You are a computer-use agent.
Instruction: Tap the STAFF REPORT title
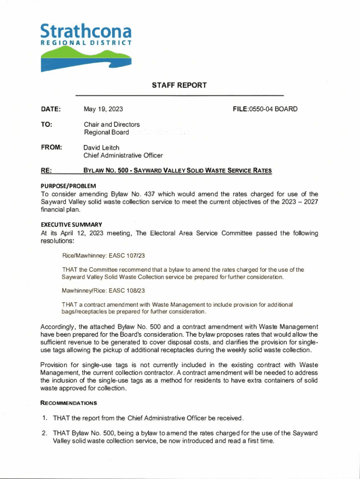coord(179,85)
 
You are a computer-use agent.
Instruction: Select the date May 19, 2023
coord(103,109)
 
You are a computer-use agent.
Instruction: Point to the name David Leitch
coord(101,147)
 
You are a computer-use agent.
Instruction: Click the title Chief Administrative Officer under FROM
coord(123,155)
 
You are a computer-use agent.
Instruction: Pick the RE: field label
coord(46,171)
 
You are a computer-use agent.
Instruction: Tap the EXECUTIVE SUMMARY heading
coord(69,225)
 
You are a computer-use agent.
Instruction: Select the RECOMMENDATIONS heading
coord(69,403)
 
